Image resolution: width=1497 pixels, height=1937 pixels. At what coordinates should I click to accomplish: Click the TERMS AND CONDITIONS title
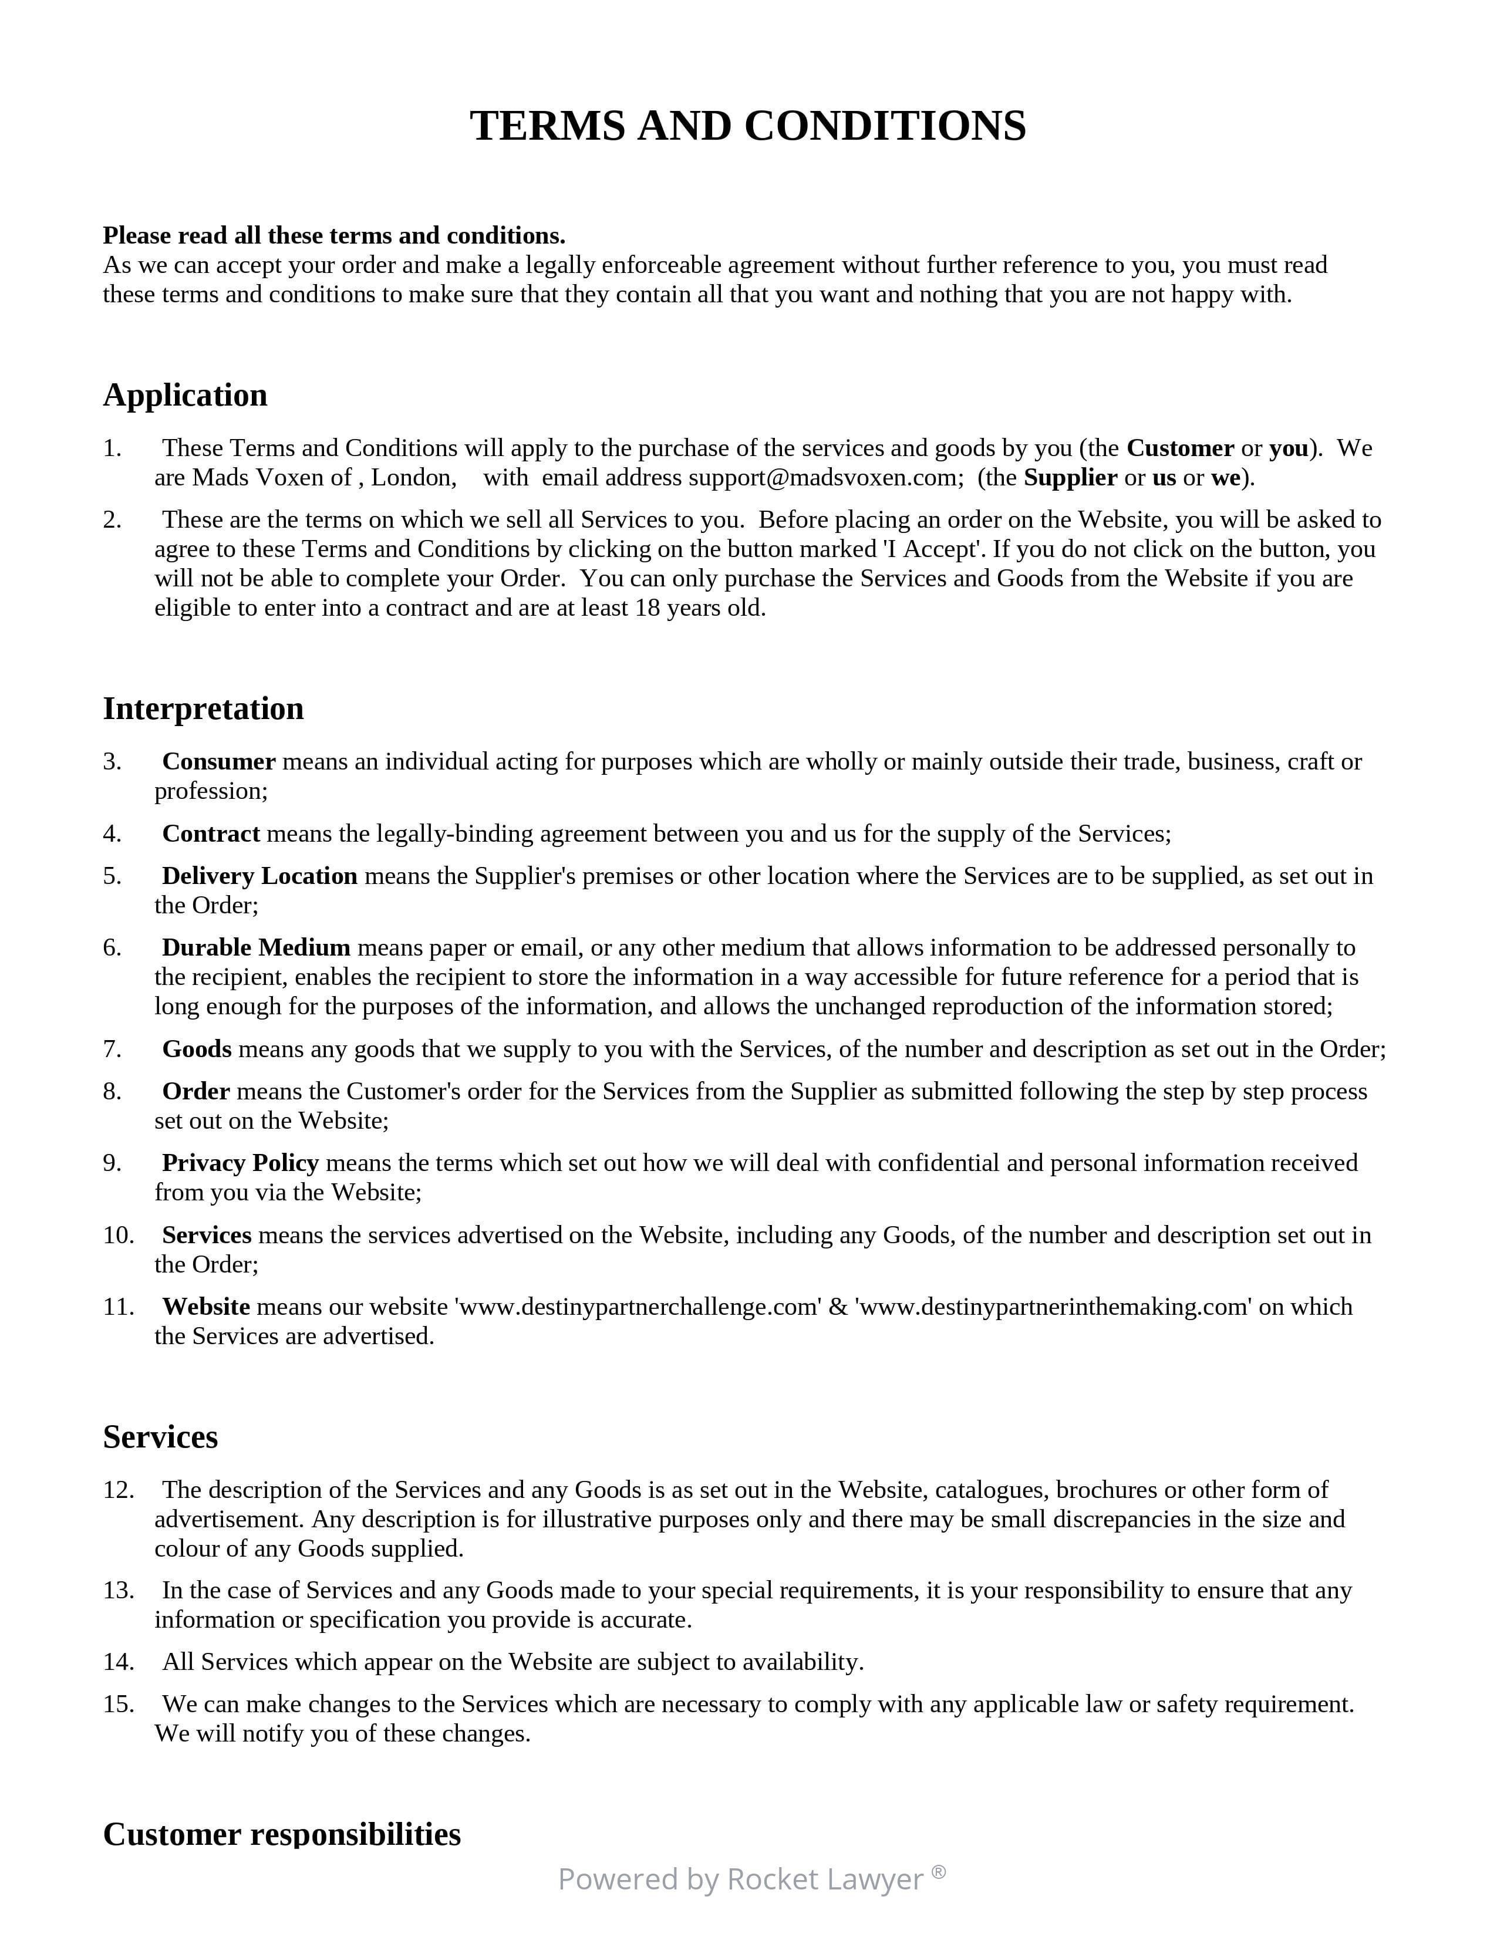[x=747, y=126]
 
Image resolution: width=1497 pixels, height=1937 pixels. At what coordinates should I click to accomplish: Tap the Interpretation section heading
[x=203, y=708]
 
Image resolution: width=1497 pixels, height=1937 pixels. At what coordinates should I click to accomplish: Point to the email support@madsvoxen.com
[x=825, y=478]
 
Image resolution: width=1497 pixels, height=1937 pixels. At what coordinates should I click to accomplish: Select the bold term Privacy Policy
[x=240, y=1163]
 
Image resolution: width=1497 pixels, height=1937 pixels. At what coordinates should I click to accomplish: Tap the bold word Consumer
[x=218, y=762]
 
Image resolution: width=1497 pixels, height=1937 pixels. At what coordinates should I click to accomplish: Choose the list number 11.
[x=118, y=1307]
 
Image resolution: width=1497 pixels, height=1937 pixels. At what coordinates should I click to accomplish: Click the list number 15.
[x=118, y=1705]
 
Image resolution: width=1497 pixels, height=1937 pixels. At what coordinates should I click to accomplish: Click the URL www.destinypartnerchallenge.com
[x=638, y=1307]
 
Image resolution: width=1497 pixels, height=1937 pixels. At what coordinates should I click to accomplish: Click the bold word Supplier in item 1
[x=1070, y=478]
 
